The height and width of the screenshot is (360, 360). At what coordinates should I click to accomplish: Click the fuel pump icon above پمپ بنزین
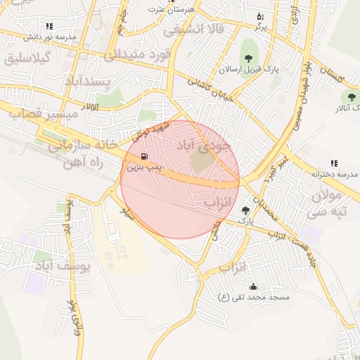tap(144, 157)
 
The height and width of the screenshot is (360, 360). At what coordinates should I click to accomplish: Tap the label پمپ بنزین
tap(143, 169)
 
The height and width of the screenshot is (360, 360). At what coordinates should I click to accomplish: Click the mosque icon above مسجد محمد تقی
tap(253, 287)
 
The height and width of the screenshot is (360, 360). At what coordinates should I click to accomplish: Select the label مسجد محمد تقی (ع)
tap(254, 297)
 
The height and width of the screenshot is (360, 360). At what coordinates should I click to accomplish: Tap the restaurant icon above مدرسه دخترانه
tap(334, 163)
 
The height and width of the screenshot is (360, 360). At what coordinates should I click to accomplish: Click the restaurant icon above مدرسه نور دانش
tap(49, 25)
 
